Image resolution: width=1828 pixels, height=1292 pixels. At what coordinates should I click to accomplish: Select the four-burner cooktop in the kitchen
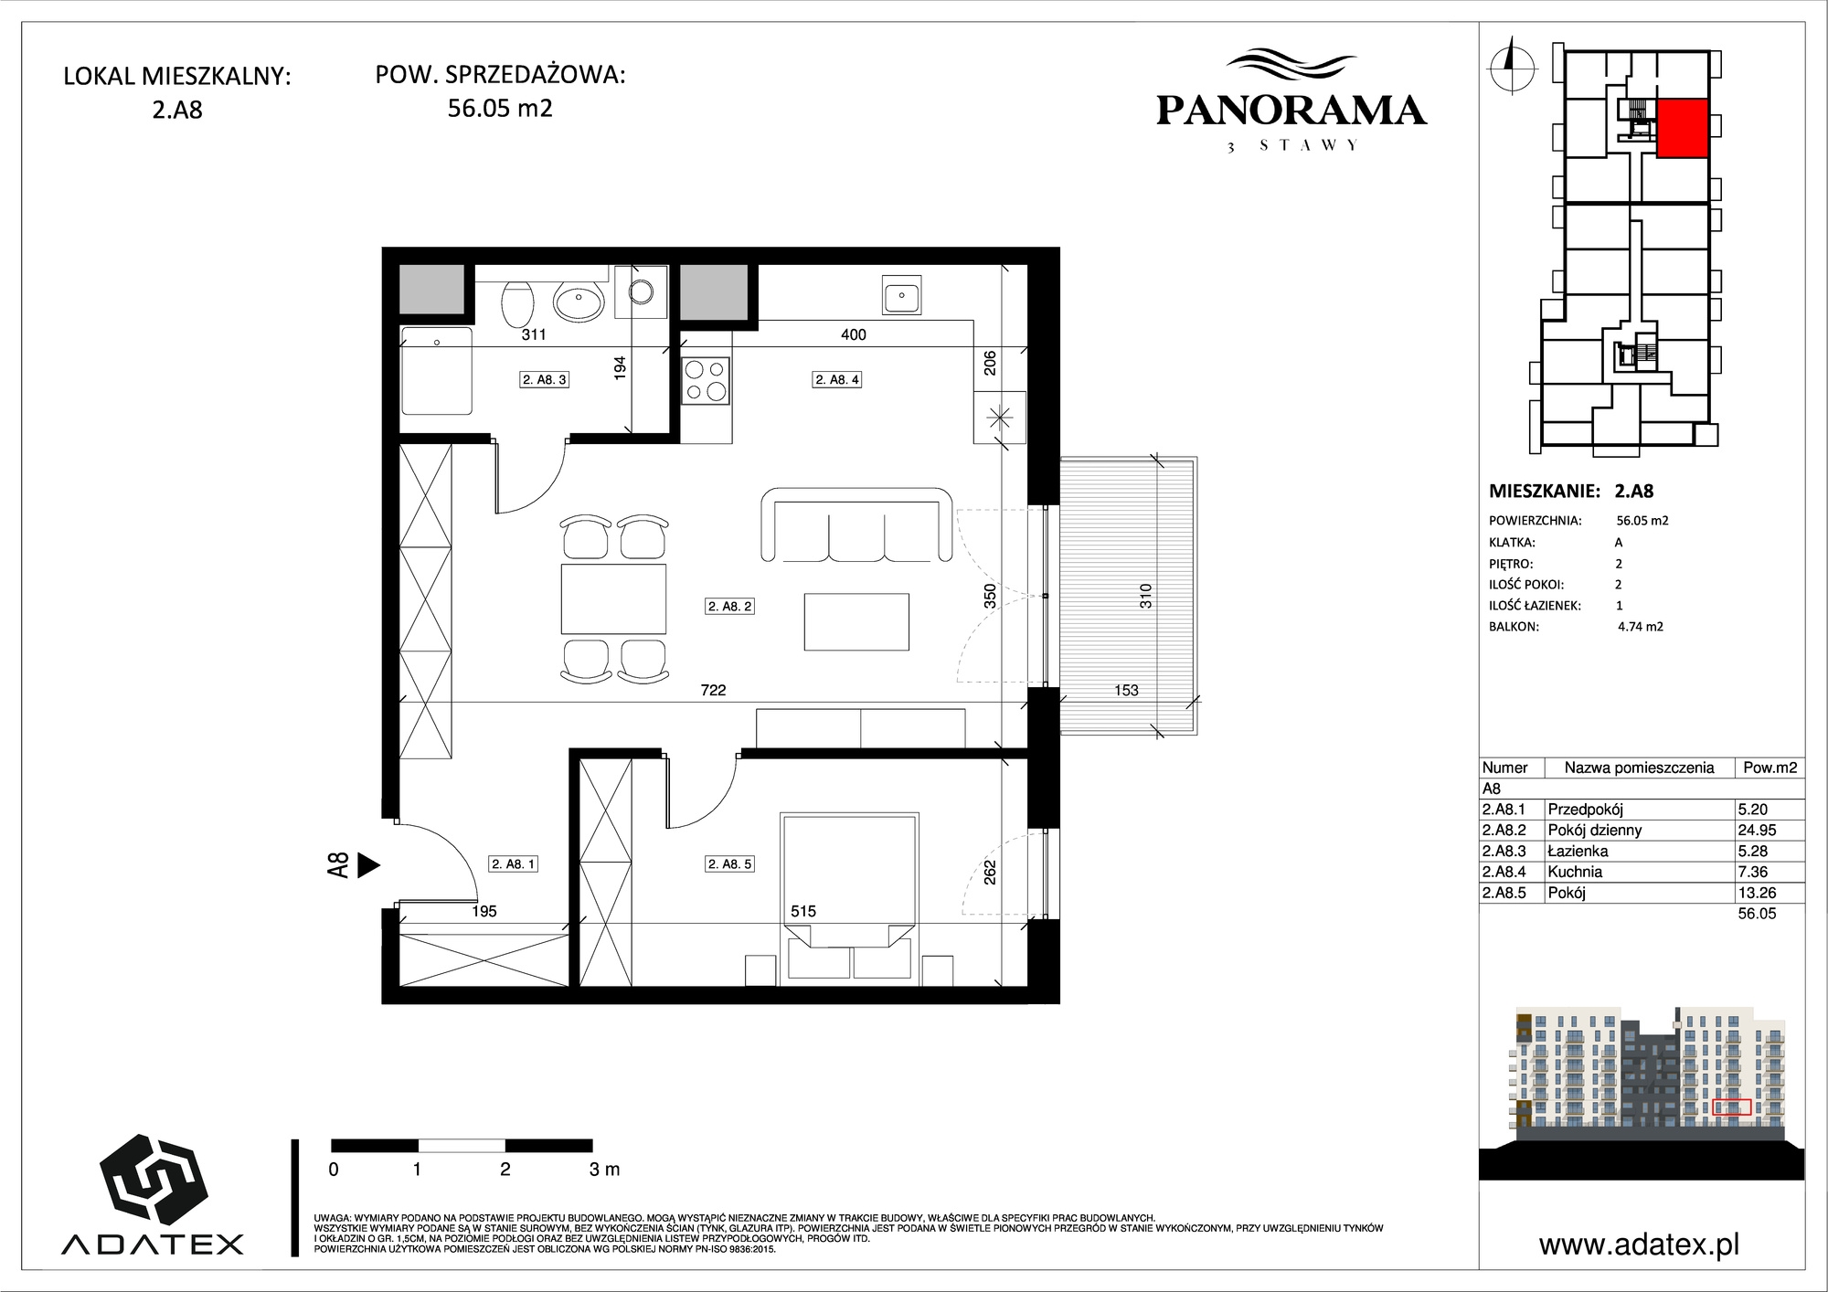tap(707, 381)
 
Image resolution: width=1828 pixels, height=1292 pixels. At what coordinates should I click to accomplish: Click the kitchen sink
tap(902, 294)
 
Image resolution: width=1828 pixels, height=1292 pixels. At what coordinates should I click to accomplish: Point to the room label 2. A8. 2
tap(730, 606)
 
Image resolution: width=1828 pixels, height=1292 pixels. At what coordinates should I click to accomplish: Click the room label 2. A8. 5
tap(730, 863)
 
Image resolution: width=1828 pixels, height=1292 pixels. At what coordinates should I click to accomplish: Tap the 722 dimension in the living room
tap(713, 691)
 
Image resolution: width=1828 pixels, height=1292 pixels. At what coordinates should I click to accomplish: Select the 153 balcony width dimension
tap(1126, 691)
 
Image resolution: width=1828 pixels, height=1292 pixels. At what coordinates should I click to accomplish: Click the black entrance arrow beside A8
tap(368, 865)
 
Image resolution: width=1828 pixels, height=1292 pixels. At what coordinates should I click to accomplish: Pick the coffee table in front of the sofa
tap(856, 621)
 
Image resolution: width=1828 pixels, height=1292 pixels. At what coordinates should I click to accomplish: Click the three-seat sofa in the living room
tap(856, 524)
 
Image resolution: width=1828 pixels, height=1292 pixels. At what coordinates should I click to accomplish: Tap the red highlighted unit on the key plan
tap(1683, 128)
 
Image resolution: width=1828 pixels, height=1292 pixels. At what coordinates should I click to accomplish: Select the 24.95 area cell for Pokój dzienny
tap(1756, 831)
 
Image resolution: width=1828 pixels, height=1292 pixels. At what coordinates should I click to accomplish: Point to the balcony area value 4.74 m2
tap(1641, 627)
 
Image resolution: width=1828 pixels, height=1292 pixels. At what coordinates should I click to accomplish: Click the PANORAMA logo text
tap(1291, 111)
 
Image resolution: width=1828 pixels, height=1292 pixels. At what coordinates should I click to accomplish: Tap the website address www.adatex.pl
tap(1639, 1244)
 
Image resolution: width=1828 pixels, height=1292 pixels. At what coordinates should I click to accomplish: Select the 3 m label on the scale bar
tap(605, 1170)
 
